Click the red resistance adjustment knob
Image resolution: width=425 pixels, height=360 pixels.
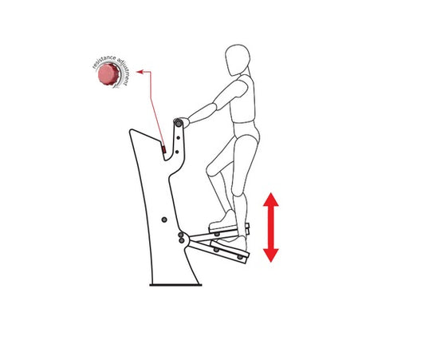click(x=108, y=74)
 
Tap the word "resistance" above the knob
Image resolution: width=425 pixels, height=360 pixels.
click(x=104, y=61)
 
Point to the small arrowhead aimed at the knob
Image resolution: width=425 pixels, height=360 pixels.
click(x=140, y=72)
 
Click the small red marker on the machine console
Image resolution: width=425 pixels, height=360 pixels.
click(x=163, y=149)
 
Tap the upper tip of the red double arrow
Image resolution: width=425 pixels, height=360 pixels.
click(x=271, y=193)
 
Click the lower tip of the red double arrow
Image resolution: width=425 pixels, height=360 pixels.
click(x=271, y=262)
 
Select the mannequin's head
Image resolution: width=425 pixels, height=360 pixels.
click(x=238, y=60)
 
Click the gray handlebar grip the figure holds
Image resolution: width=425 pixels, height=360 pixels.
click(x=179, y=124)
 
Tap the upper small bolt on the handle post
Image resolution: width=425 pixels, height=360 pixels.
click(x=179, y=138)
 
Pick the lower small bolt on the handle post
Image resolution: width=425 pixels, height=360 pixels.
click(x=177, y=152)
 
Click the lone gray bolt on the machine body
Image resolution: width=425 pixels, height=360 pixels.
click(x=164, y=220)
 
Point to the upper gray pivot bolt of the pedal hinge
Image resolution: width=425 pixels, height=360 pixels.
click(x=181, y=235)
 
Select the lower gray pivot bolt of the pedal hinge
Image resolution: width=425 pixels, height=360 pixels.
click(x=182, y=240)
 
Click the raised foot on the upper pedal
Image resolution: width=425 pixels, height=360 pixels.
click(x=224, y=220)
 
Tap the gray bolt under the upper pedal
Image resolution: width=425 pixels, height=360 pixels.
click(x=217, y=234)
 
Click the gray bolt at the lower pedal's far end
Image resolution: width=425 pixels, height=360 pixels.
click(x=239, y=257)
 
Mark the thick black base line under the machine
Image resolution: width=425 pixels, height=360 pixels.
click(x=175, y=285)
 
